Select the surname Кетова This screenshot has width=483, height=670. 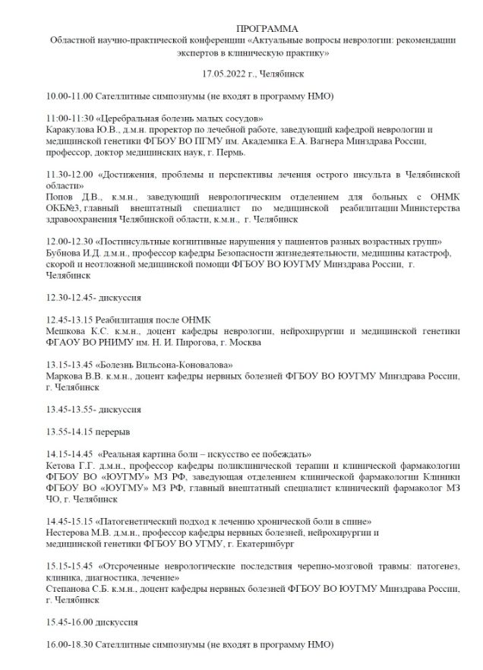pyautogui.click(x=62, y=465)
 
